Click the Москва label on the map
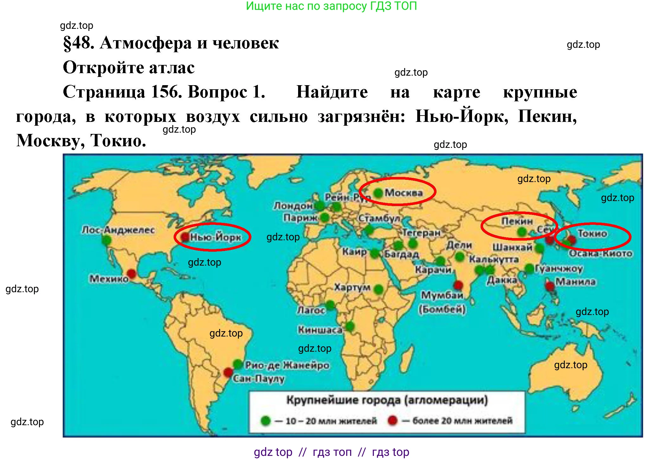(x=404, y=192)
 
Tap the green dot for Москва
(x=378, y=192)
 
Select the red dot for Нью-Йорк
(x=185, y=237)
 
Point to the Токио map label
(x=592, y=234)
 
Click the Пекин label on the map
(x=517, y=221)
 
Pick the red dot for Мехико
(x=131, y=274)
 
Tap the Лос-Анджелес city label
(x=118, y=230)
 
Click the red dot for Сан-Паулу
(x=228, y=372)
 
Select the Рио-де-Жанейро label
(x=287, y=365)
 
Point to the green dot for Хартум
(x=378, y=289)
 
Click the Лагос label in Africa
(x=311, y=310)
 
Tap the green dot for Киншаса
(x=350, y=326)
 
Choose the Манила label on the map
(x=575, y=281)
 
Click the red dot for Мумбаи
(x=458, y=285)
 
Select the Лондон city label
(x=293, y=206)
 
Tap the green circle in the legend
(x=265, y=421)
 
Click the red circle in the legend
(x=393, y=421)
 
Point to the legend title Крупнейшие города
(x=387, y=400)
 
